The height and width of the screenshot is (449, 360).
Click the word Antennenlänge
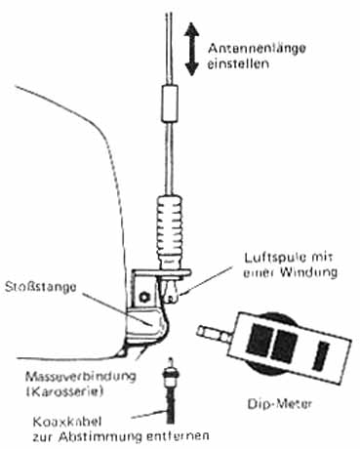pyautogui.click(x=257, y=49)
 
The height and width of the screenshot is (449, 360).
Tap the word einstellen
pyautogui.click(x=239, y=63)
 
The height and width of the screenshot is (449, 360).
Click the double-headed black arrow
pyautogui.click(x=192, y=50)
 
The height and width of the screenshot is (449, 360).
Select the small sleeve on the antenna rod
pyautogui.click(x=170, y=103)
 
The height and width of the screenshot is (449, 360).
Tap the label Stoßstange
pyautogui.click(x=41, y=288)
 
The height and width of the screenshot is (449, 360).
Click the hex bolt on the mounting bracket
pyautogui.click(x=142, y=297)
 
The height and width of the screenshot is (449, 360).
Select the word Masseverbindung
pyautogui.click(x=80, y=377)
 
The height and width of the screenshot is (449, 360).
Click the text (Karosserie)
pyautogui.click(x=64, y=391)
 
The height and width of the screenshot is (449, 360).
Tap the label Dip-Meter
pyautogui.click(x=280, y=404)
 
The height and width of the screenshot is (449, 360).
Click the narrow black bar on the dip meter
pyautogui.click(x=321, y=355)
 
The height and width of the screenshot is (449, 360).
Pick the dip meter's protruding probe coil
pyautogui.click(x=214, y=335)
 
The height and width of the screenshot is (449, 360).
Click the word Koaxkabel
pyautogui.click(x=67, y=422)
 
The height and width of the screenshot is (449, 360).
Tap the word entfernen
pyautogui.click(x=178, y=436)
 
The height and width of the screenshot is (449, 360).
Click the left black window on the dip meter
pyautogui.click(x=260, y=340)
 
